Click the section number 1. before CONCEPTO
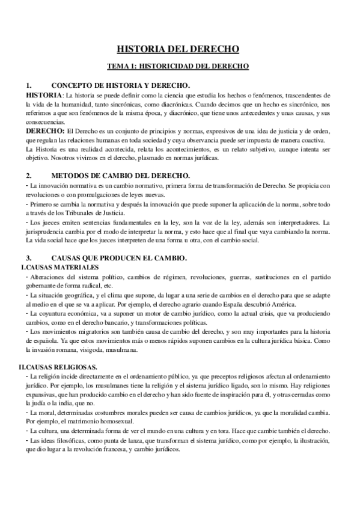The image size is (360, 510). (x=29, y=85)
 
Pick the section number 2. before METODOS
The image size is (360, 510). (x=29, y=176)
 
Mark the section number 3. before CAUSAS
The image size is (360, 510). (x=29, y=257)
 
